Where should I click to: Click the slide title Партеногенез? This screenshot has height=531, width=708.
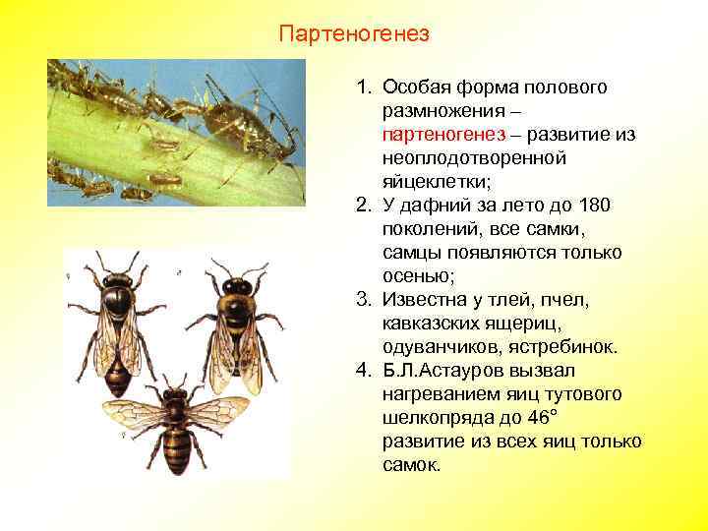coord(354,34)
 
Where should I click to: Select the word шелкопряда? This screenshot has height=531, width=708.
coord(442,417)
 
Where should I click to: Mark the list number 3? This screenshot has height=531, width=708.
coord(365,299)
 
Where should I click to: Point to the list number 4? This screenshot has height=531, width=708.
coord(365,370)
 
